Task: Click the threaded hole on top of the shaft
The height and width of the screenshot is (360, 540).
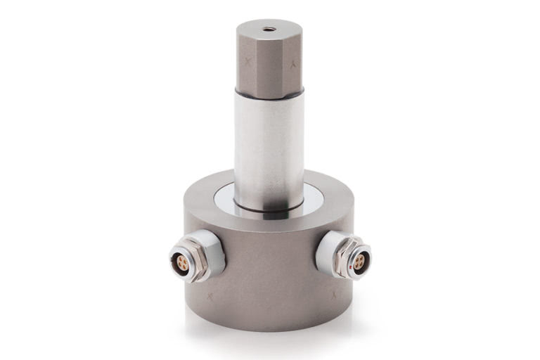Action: click(x=269, y=30)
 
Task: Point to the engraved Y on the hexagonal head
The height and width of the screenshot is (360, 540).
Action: click(x=293, y=63)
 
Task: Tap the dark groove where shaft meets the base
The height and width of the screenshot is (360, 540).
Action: click(x=269, y=208)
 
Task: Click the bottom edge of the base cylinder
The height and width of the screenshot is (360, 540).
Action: click(x=269, y=328)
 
